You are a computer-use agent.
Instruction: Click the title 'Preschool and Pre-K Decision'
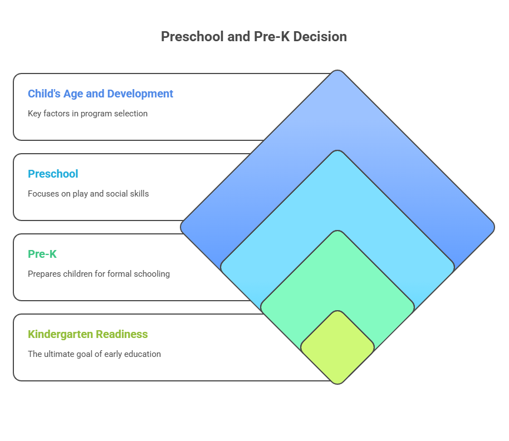(x=254, y=37)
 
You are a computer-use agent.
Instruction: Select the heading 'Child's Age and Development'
(x=100, y=94)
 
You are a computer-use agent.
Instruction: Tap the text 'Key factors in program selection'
(x=87, y=113)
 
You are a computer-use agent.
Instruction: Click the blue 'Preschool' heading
(x=53, y=174)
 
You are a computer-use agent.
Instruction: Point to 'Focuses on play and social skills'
(x=88, y=194)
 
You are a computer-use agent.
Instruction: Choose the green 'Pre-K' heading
(x=42, y=254)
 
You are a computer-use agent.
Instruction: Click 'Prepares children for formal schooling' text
(x=99, y=274)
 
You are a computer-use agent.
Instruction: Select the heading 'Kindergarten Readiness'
(x=88, y=334)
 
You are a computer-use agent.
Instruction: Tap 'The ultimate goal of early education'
(x=94, y=354)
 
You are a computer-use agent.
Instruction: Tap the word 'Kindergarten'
(x=61, y=334)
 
